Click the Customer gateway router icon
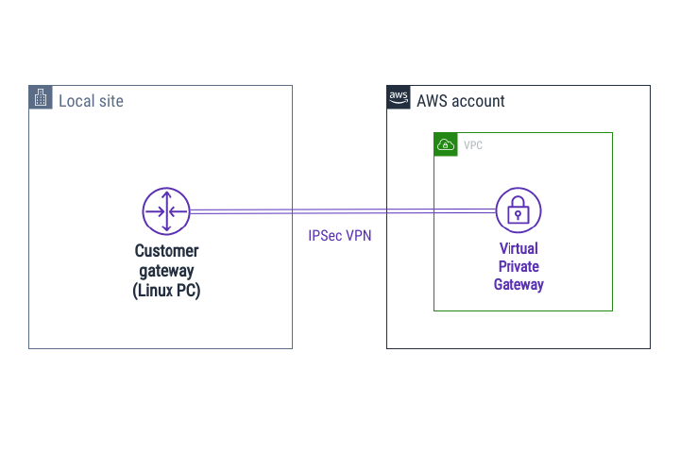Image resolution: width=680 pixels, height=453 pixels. tap(166, 211)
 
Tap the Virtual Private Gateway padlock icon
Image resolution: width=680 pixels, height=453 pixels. tap(518, 211)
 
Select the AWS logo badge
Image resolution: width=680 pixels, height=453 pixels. tap(399, 98)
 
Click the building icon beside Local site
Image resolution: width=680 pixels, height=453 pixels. tap(41, 98)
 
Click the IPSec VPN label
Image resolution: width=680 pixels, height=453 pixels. tap(340, 236)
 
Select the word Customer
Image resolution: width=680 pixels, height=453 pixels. tap(167, 251)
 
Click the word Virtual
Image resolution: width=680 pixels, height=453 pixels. tap(518, 249)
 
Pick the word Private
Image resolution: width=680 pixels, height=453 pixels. tap(518, 266)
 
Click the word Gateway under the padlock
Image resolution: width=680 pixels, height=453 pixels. tap(518, 284)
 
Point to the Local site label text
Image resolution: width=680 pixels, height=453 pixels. tap(91, 101)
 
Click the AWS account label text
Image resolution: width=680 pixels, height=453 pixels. tap(461, 101)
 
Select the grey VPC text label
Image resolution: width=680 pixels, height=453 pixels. tap(473, 145)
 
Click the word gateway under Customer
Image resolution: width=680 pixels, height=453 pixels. tap(167, 272)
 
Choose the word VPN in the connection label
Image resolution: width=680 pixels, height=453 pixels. tap(358, 236)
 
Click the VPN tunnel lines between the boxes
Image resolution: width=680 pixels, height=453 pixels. tap(340, 211)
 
